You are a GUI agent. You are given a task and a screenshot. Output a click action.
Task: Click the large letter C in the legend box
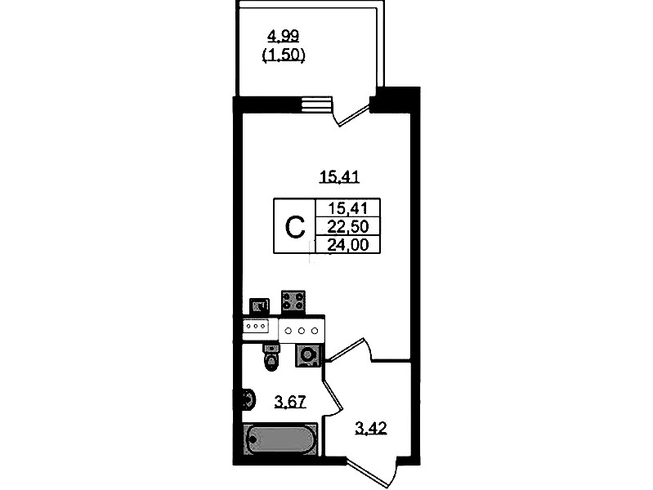294,226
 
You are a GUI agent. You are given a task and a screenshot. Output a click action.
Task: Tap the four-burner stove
293,301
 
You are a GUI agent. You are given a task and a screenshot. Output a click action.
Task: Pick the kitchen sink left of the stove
260,307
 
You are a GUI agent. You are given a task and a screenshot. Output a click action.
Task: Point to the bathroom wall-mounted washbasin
245,400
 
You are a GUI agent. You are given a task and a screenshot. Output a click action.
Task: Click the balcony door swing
353,114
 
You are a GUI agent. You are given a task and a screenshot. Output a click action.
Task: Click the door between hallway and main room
349,347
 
